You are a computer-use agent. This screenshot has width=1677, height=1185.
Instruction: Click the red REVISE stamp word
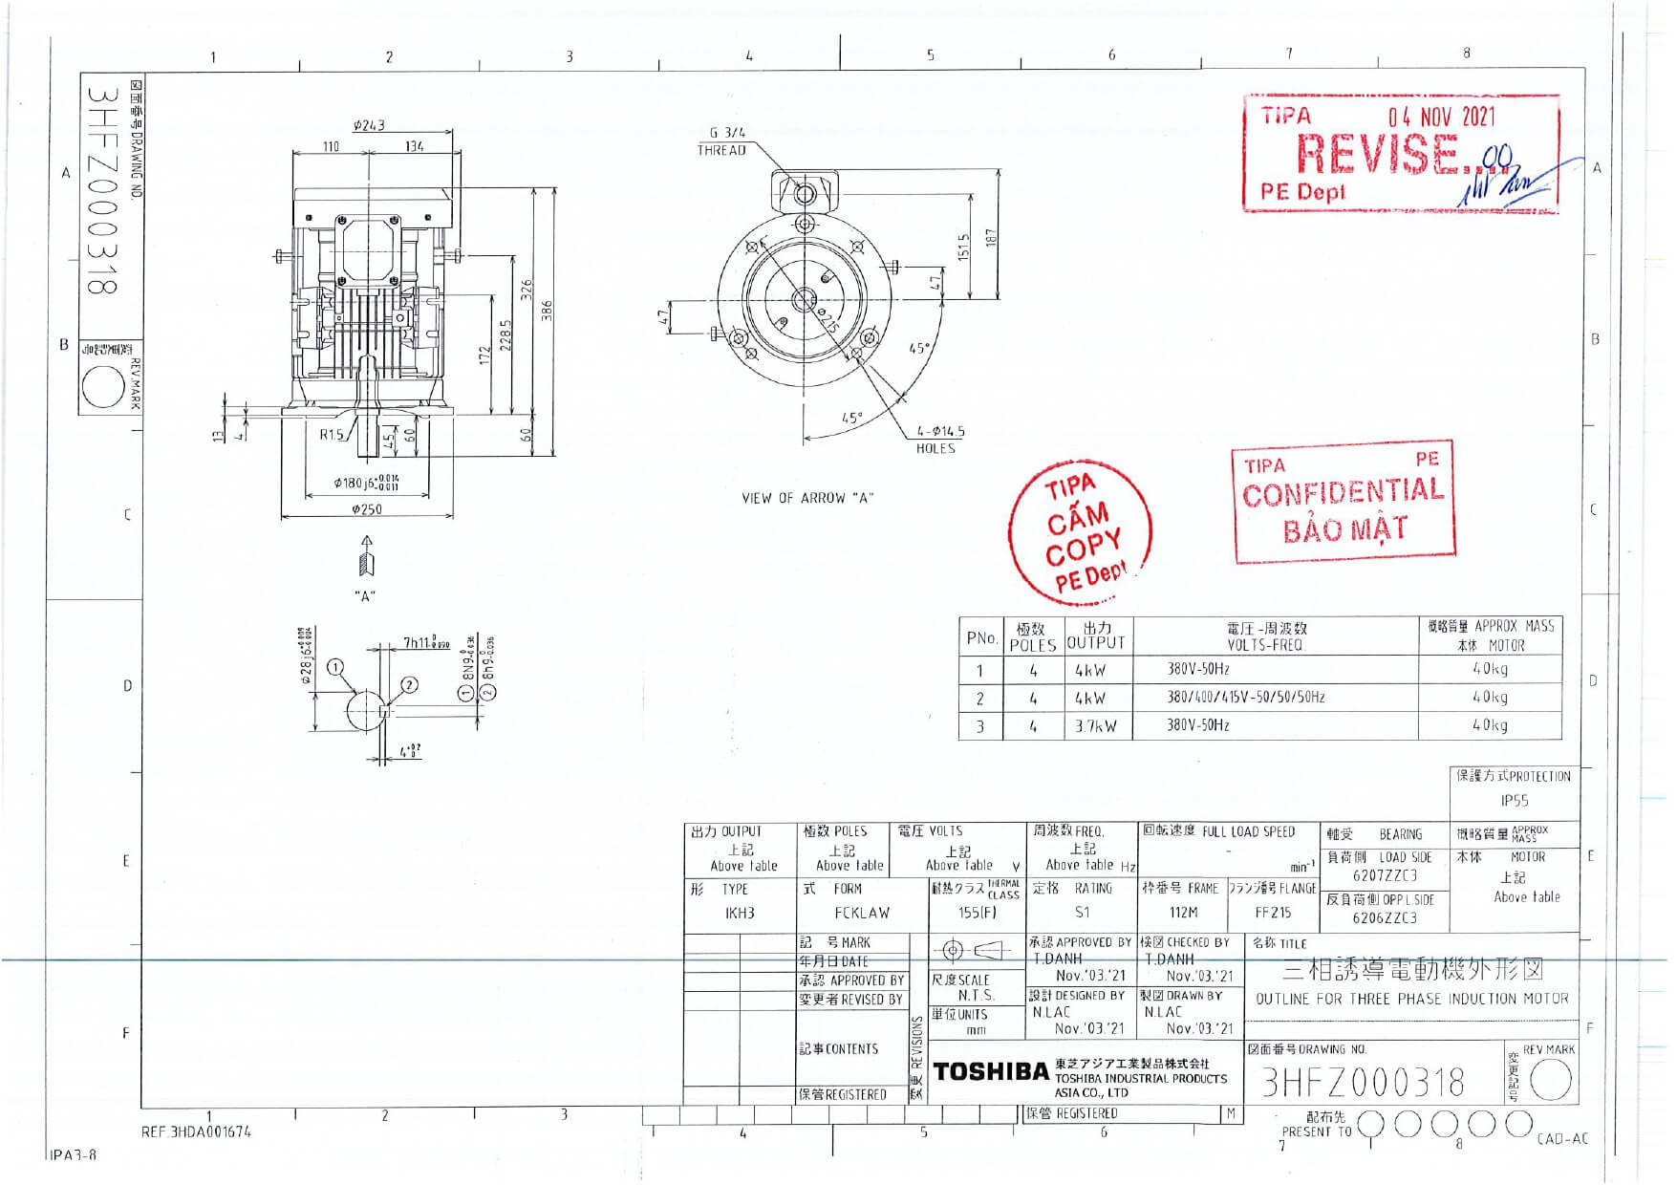(1375, 153)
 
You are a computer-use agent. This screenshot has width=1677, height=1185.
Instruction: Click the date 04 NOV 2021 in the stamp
(1442, 118)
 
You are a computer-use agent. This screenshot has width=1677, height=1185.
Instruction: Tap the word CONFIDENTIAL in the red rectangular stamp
(1343, 493)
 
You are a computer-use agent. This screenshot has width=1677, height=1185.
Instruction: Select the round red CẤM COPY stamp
(1081, 531)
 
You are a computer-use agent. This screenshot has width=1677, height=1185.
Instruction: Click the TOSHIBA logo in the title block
(991, 1072)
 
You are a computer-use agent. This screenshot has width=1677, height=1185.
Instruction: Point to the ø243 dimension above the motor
(369, 125)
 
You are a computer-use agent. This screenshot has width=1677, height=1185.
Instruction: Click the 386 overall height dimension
(548, 312)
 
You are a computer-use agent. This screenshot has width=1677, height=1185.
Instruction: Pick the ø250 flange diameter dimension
(367, 509)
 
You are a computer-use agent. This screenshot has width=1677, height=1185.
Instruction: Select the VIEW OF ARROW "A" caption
(807, 498)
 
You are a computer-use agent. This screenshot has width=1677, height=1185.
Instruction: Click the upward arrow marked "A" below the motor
(366, 555)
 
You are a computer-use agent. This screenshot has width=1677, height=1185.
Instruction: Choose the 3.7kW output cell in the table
(1094, 726)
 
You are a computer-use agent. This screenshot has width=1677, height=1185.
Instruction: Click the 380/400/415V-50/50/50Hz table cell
(1245, 698)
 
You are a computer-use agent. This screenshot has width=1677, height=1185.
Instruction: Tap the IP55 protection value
(1514, 801)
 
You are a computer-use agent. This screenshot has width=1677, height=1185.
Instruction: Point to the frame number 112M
(1182, 913)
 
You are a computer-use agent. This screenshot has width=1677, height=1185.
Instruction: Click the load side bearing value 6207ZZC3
(1384, 875)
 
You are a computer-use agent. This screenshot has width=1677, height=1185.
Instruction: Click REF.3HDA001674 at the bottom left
(197, 1132)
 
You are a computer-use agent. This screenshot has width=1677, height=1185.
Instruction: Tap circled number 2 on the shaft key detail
(409, 684)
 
